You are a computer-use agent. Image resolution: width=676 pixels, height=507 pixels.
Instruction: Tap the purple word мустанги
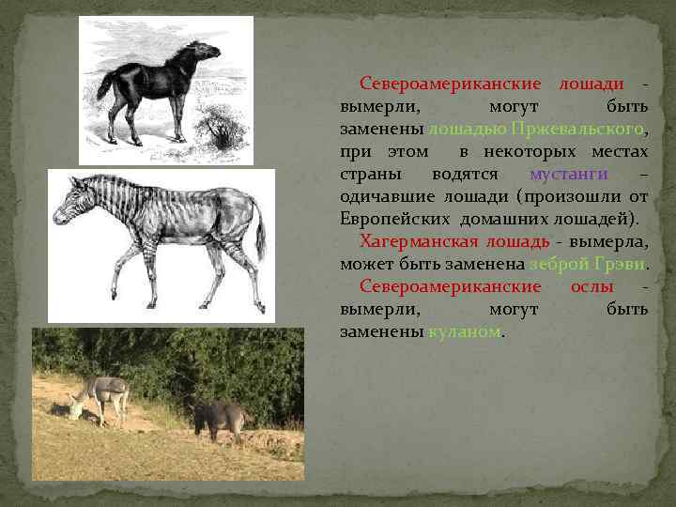pos(568,174)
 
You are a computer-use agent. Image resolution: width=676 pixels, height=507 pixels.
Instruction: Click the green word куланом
pos(465,331)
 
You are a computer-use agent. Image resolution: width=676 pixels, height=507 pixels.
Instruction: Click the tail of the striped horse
pos(260,235)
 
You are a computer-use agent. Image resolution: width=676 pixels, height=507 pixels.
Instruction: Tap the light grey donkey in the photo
pos(103,395)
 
